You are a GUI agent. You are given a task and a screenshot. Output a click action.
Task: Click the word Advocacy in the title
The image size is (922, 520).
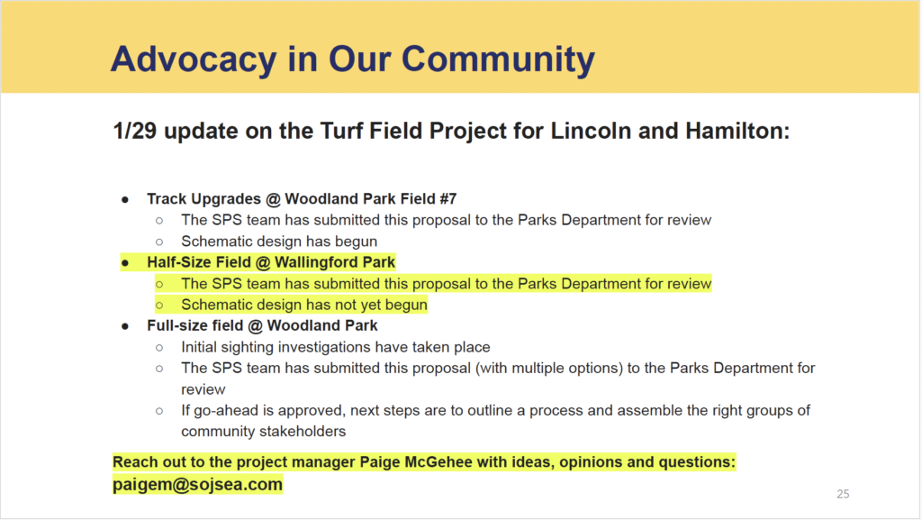click(194, 59)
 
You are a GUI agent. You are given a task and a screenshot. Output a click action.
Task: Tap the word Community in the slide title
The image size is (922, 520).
click(498, 59)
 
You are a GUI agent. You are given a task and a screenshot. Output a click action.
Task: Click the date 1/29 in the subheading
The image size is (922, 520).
click(135, 131)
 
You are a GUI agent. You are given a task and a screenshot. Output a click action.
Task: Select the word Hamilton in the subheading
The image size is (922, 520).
click(737, 131)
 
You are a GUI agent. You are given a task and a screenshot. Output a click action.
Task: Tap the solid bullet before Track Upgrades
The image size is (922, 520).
click(125, 200)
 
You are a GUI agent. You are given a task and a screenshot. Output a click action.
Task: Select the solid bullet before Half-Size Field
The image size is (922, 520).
click(125, 263)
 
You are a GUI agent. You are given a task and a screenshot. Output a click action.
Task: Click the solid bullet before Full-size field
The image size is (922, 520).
click(125, 326)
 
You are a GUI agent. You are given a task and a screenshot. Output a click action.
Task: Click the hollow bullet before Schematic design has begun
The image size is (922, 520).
click(159, 242)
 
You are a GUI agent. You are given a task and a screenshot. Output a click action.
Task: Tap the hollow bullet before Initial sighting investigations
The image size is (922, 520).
click(159, 348)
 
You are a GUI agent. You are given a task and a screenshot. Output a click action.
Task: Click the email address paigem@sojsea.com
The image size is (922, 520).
click(197, 484)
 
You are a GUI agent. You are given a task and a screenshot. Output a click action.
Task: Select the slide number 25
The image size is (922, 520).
click(843, 494)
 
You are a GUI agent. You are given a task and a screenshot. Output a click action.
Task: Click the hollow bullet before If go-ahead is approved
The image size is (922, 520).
click(159, 411)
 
